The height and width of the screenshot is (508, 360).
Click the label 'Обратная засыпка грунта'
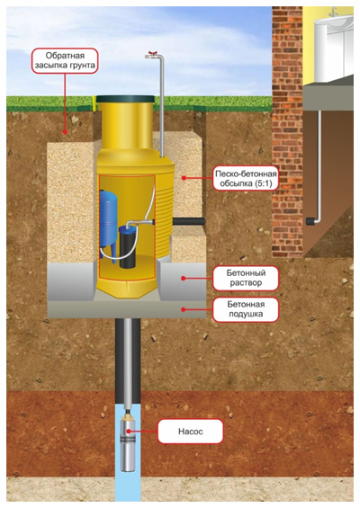(x=65, y=60)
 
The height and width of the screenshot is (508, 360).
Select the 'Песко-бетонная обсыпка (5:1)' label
(x=246, y=179)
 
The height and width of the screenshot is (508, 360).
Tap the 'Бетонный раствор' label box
(x=246, y=278)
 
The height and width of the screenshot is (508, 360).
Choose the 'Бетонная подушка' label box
(x=246, y=309)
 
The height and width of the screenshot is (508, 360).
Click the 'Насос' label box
(x=191, y=432)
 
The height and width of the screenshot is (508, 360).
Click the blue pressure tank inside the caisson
(x=108, y=224)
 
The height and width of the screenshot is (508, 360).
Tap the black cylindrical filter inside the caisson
(x=128, y=247)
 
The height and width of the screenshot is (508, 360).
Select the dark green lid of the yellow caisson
(x=125, y=99)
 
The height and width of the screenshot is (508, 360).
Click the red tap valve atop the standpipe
(x=151, y=53)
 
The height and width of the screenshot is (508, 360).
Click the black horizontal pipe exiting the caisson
(x=189, y=221)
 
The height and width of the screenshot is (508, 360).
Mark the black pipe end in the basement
(x=310, y=221)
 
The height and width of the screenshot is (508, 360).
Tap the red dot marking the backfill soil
(x=65, y=132)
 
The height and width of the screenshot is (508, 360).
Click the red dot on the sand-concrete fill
(x=184, y=177)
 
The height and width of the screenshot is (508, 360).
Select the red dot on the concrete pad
(x=184, y=309)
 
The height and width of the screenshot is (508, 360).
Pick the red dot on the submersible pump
(x=129, y=432)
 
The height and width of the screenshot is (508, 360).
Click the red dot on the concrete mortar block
(x=184, y=278)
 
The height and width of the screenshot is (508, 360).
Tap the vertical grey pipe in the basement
(x=319, y=165)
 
